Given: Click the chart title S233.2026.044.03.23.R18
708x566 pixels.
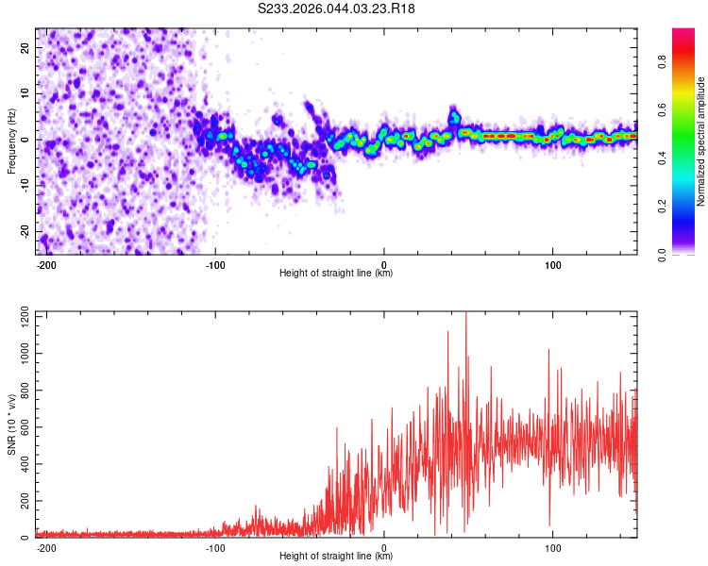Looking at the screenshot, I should click(x=337, y=8).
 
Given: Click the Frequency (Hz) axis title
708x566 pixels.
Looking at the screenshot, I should click(x=11, y=141).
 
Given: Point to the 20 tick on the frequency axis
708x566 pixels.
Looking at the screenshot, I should click(x=25, y=47).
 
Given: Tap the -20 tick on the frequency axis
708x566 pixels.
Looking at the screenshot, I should click(x=24, y=231).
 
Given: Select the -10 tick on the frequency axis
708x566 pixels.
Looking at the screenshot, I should click(x=24, y=186).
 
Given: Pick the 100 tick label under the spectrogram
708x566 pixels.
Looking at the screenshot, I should click(x=552, y=264).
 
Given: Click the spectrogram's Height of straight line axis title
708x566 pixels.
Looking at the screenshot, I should click(x=336, y=274).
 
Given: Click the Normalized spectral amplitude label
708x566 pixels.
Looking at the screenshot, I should click(x=700, y=141).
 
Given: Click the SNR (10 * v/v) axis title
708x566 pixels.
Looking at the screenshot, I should click(x=11, y=424).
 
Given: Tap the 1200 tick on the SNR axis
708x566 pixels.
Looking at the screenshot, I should click(x=19, y=315).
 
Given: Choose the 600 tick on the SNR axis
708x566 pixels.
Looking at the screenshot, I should click(x=23, y=426).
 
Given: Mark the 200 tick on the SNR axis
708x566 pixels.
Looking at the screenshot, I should click(x=23, y=501).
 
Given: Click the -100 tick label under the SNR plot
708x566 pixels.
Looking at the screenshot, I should click(x=215, y=547).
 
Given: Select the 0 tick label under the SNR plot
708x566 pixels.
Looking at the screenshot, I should click(x=384, y=547).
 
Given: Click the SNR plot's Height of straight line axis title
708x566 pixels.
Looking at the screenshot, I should click(x=336, y=557).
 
